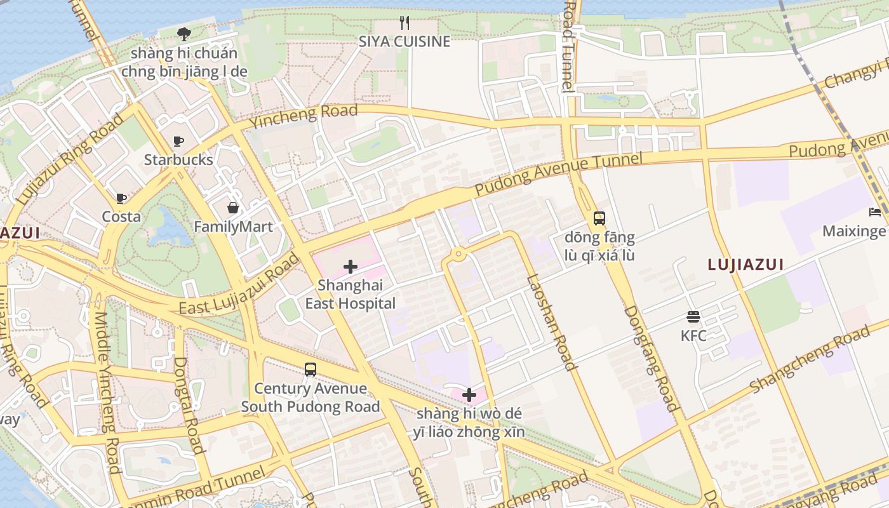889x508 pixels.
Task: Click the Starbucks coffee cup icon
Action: (x=178, y=141)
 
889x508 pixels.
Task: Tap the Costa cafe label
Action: (x=121, y=217)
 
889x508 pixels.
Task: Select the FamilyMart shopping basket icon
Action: (x=233, y=208)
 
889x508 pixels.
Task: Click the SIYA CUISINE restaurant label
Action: (x=404, y=42)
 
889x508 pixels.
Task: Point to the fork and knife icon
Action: (x=404, y=23)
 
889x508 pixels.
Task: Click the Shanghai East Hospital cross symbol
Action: (x=350, y=267)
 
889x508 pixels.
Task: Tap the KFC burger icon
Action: (x=693, y=317)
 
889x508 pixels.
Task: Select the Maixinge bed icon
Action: (x=875, y=212)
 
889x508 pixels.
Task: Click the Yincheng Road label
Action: (x=304, y=116)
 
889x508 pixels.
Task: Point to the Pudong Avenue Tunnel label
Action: (x=559, y=173)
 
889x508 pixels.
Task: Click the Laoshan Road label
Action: (x=551, y=322)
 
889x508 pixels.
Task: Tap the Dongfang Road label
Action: (x=652, y=359)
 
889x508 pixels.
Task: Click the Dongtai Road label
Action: (x=189, y=404)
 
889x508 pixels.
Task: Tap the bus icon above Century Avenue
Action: (x=310, y=370)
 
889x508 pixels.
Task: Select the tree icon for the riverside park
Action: (x=184, y=34)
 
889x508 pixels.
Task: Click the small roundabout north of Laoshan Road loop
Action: (x=458, y=255)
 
